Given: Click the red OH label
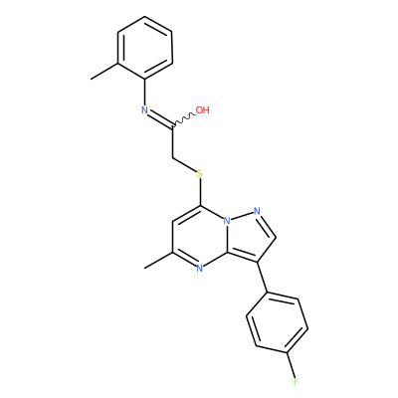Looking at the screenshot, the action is tap(202, 110).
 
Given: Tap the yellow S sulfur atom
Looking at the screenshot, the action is tap(199, 173).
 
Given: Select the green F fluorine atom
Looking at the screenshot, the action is tap(296, 382).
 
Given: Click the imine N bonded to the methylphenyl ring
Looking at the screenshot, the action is tap(144, 110).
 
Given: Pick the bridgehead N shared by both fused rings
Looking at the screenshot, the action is tap(227, 221).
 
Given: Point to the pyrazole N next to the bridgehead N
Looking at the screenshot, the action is tap(257, 211).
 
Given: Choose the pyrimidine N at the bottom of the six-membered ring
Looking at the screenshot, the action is tap(199, 268).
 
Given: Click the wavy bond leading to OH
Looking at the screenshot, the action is tap(184, 120).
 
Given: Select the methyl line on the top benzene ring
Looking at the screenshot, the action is tap(104, 71).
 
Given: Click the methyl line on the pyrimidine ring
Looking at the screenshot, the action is tap(159, 260).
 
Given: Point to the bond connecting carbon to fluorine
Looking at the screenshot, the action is tap(292, 364).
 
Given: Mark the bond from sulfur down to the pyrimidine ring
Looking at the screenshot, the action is tap(200, 192).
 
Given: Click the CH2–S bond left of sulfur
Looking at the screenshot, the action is tap(184, 164).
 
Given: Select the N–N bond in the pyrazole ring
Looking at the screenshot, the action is tap(242, 216).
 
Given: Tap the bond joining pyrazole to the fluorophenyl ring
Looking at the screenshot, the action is tap(263, 278).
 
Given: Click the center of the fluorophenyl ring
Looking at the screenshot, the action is tap(278, 322).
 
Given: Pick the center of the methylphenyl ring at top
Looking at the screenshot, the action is tap(145, 48).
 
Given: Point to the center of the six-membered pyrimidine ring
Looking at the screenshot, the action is tap(200, 237).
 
